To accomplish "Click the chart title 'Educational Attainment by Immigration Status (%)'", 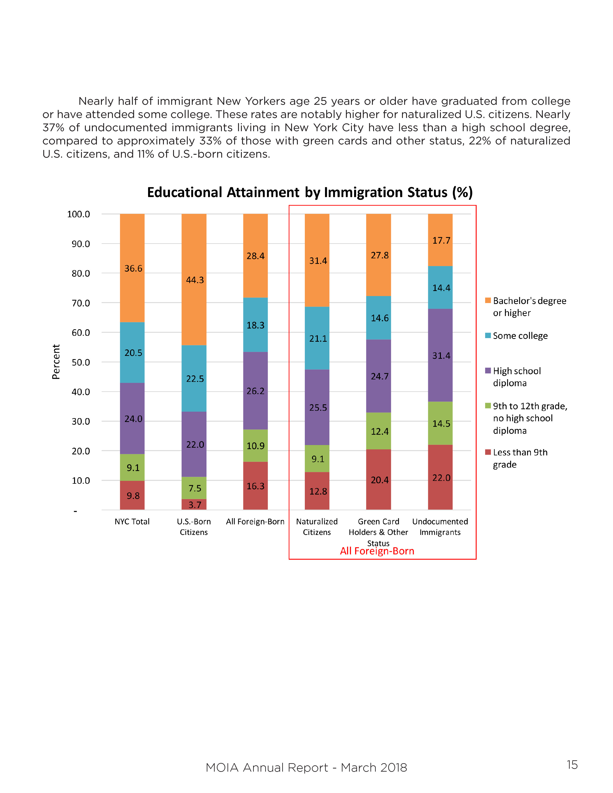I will pyautogui.click(x=310, y=192).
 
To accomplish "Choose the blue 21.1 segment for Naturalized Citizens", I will pyautogui.click(x=317, y=338).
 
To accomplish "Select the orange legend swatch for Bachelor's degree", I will pyautogui.click(x=488, y=300).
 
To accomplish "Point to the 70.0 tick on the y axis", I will pyautogui.click(x=81, y=303).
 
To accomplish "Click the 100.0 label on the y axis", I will pyautogui.click(x=78, y=214).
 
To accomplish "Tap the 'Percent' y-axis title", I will pyautogui.click(x=56, y=362).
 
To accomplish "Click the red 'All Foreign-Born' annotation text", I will pyautogui.click(x=377, y=551).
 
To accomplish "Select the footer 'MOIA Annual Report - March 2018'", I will pyautogui.click(x=306, y=768).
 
